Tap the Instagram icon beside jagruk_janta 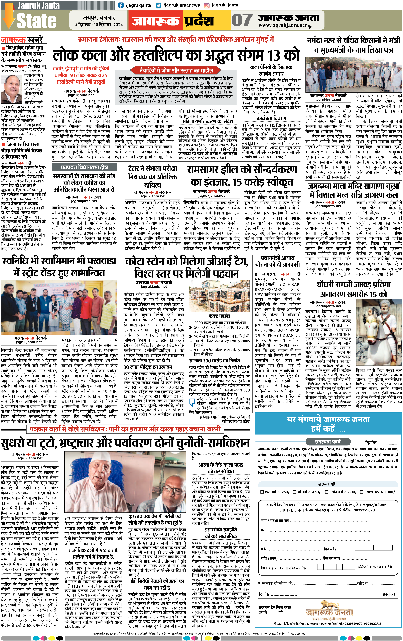[206, 5]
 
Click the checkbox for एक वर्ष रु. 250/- [262, 492]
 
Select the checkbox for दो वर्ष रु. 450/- [294, 492]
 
